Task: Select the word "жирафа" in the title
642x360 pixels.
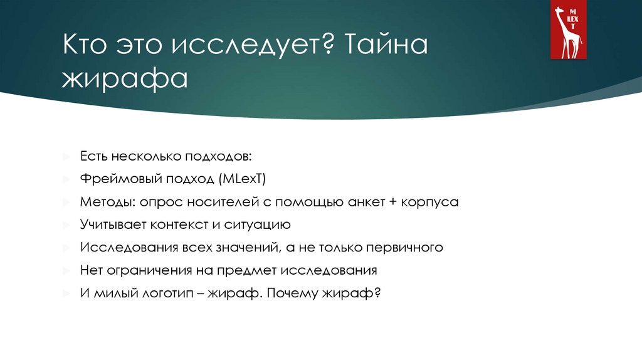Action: pos(124,80)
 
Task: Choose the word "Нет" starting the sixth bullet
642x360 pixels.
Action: pos(91,270)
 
